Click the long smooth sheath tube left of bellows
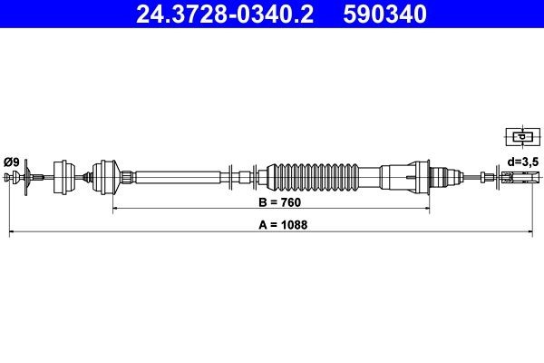(x=177, y=175)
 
